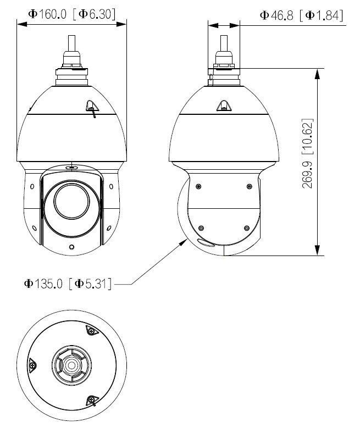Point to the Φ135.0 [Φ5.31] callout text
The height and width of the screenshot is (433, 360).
[x=68, y=284]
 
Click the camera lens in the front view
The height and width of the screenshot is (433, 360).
[x=72, y=201]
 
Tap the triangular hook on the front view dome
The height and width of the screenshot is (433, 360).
[x=91, y=107]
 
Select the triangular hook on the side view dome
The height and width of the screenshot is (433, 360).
[x=224, y=105]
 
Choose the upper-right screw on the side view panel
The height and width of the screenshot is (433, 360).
[x=249, y=186]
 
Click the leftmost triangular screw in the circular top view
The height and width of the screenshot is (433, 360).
[x=32, y=364]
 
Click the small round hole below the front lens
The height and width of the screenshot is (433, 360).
[x=72, y=247]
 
